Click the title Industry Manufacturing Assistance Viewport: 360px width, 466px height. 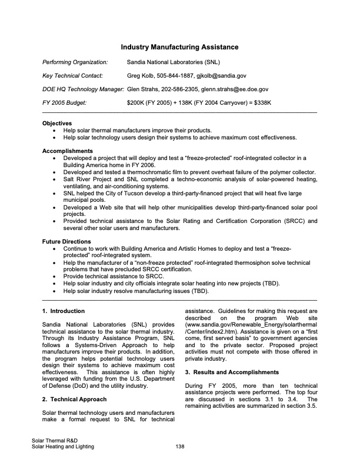pyautogui.click(x=179, y=46)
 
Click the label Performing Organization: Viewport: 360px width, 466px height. pyautogui.click(x=75, y=61)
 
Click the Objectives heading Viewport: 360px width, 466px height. pyautogui.click(x=57, y=124)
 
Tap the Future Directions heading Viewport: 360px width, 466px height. pyautogui.click(x=66, y=242)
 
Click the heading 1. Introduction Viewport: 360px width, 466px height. pyautogui.click(x=64, y=311)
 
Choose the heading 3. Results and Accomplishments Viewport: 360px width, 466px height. pyautogui.click(x=232, y=372)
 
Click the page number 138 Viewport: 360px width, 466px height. pyautogui.click(x=180, y=447)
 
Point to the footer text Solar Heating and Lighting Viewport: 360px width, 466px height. pyautogui.click(x=63, y=447)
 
